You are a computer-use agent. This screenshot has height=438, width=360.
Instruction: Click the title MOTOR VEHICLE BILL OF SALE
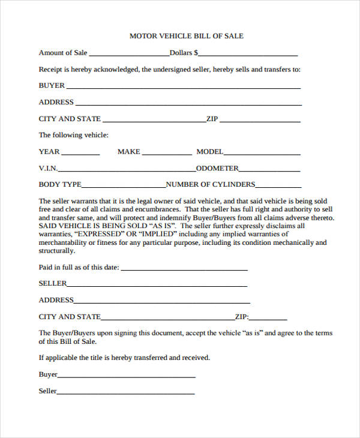pos(187,36)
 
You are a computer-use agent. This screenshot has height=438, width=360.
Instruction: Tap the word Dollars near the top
pos(184,53)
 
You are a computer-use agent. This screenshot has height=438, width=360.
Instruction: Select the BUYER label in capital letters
pos(52,86)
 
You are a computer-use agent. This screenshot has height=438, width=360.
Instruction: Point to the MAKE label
pos(128,152)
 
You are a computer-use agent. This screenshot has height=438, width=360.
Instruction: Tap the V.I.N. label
pos(48,169)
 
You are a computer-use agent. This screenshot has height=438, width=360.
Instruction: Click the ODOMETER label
pos(217,169)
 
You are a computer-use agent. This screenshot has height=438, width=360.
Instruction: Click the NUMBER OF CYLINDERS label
pos(211,185)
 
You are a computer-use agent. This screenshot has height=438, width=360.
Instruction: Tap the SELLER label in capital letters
pos(53,283)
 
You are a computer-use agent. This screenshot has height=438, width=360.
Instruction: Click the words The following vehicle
pos(74,135)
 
